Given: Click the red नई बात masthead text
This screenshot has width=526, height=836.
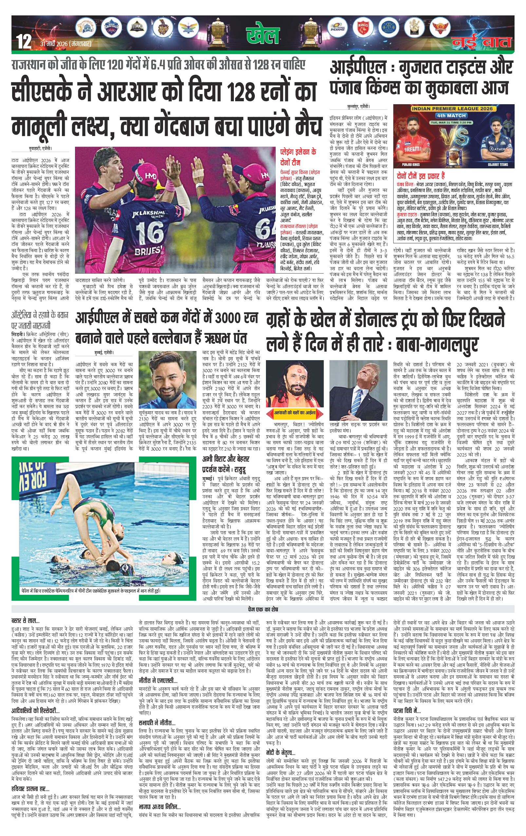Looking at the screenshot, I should coord(481,42).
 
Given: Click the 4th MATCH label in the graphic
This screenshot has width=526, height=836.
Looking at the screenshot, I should coord(451,116).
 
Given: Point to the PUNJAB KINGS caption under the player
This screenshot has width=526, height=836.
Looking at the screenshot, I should coord(411,164).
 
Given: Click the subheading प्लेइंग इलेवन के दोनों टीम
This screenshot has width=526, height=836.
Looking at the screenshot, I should coord(298,157).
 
